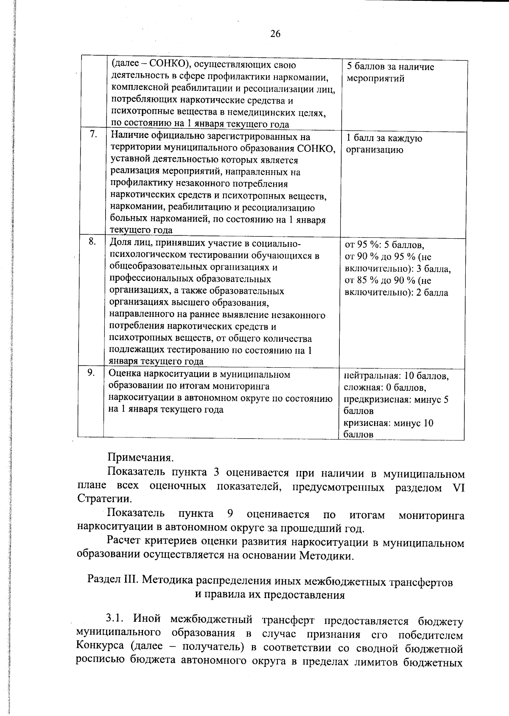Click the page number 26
click(275, 34)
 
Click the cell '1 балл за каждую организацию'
click(384, 144)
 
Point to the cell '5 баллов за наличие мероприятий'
click(390, 73)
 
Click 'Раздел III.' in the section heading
click(113, 581)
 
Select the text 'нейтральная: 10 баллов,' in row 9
click(396, 376)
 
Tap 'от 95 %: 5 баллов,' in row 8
click(385, 245)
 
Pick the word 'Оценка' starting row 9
click(124, 374)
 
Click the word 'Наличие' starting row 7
click(128, 137)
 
